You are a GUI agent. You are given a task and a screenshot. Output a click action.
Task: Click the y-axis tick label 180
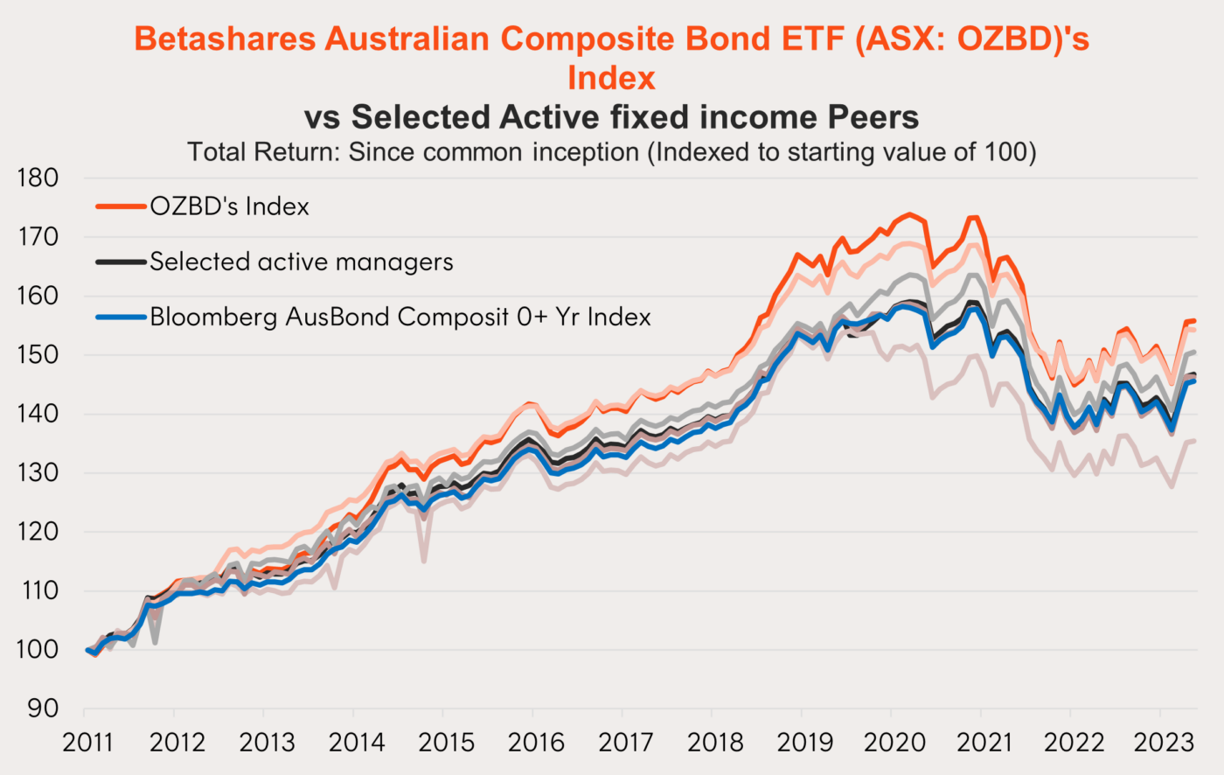tap(38, 178)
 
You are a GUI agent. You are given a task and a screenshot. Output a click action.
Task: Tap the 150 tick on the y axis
tap(38, 355)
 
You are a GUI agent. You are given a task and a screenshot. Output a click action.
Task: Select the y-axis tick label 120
tap(38, 532)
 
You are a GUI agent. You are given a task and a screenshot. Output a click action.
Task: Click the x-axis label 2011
tap(87, 743)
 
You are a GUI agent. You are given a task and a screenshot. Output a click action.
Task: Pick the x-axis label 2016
tap(536, 743)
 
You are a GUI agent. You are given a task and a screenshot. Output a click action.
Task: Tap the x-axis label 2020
tap(894, 743)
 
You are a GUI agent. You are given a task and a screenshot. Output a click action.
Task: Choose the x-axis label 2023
tap(1163, 743)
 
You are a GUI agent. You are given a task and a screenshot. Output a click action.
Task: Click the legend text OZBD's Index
tap(229, 206)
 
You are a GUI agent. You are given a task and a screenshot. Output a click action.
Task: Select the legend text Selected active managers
tap(302, 262)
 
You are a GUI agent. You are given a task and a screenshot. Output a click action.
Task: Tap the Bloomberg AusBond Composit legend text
tap(400, 317)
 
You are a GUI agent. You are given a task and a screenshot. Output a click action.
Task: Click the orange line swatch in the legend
tap(121, 206)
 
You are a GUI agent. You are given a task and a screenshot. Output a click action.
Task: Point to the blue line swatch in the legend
tap(121, 317)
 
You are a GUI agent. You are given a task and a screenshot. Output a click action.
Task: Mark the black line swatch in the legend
tap(121, 262)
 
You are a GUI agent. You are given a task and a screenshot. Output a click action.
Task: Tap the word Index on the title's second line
tap(611, 78)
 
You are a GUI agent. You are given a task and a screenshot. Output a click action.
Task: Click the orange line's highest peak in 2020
tap(909, 214)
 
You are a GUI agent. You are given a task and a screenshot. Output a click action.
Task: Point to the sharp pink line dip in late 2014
tap(424, 561)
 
